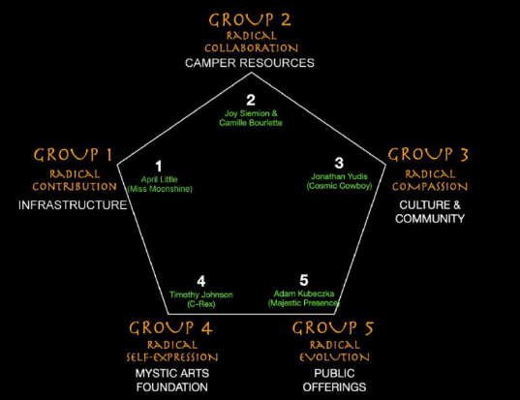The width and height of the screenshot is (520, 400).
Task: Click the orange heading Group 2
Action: coord(250,20)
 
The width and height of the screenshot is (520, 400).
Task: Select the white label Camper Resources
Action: coord(250,63)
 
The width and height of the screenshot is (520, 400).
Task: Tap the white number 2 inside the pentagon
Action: coord(251,100)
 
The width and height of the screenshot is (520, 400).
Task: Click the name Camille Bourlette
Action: coord(251,123)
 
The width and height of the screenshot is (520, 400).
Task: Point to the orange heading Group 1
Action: coord(74,155)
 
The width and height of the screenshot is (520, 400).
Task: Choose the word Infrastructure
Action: coord(73,205)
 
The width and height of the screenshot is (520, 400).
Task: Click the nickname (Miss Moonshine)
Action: coord(160,189)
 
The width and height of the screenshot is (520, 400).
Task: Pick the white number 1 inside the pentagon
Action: coord(159,167)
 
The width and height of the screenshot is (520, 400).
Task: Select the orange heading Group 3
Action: coord(428,155)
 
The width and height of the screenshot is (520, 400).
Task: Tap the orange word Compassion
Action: coord(430,186)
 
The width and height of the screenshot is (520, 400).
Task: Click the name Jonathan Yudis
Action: coord(339,176)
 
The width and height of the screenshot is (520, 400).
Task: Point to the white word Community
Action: coord(430,219)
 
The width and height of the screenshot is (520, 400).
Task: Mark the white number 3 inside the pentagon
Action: coord(339,163)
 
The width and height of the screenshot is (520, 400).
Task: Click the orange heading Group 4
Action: coord(170,328)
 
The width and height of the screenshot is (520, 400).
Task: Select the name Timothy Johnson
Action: coord(201,294)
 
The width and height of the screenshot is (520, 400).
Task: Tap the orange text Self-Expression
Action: coord(172,357)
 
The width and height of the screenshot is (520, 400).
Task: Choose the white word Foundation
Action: coord(172,387)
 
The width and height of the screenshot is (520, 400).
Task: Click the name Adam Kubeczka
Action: coord(304,293)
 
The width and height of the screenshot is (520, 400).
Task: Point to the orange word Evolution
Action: coord(334,357)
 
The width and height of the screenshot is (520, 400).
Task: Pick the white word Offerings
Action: coord(334,387)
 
